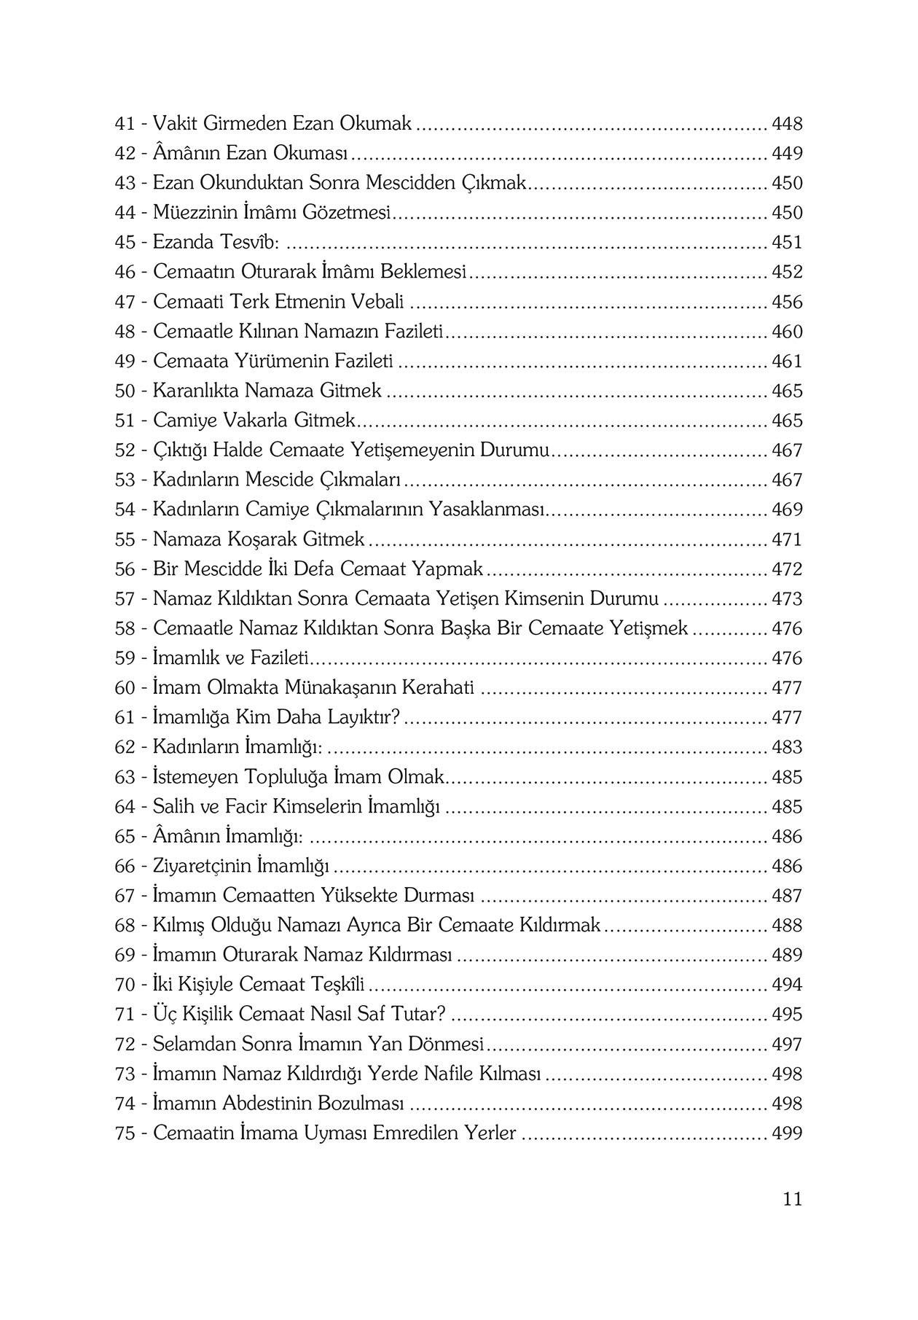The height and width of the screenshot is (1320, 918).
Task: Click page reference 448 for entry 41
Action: [787, 124]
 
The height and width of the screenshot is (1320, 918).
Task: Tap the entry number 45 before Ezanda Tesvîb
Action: [125, 243]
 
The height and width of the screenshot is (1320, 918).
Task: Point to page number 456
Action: [787, 302]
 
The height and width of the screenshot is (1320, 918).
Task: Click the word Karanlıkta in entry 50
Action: [196, 391]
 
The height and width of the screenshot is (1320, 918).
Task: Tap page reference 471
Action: [787, 540]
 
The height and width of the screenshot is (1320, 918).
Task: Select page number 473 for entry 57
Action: [787, 599]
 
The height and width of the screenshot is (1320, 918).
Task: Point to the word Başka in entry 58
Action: [466, 628]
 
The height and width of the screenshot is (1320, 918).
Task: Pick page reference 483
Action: [787, 748]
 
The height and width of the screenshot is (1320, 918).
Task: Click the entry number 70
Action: [125, 985]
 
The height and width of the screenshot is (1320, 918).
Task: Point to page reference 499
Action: [787, 1134]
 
